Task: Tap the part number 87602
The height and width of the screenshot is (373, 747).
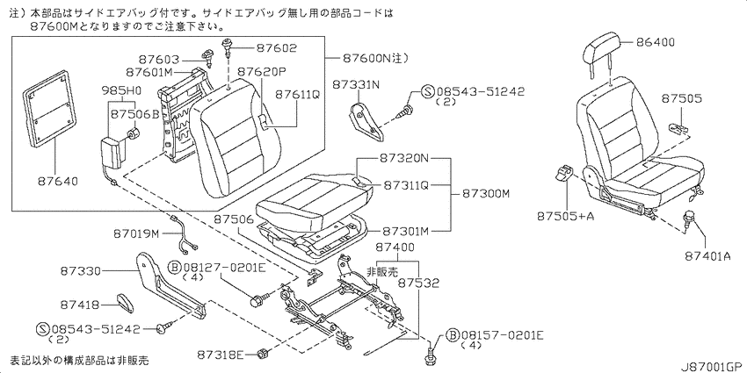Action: tap(276, 47)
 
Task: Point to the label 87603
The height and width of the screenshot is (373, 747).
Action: tap(159, 60)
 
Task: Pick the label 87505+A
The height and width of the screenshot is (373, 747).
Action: tap(565, 217)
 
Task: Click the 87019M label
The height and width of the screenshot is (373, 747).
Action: tap(137, 233)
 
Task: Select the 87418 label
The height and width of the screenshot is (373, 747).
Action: tap(81, 304)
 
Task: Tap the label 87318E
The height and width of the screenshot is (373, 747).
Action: tap(220, 355)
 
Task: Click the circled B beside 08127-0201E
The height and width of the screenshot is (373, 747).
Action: tap(174, 268)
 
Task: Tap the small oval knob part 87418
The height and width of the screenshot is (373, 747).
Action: tap(124, 303)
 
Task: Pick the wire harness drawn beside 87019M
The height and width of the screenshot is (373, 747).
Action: tap(184, 236)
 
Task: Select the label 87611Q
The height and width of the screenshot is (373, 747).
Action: tap(297, 95)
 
